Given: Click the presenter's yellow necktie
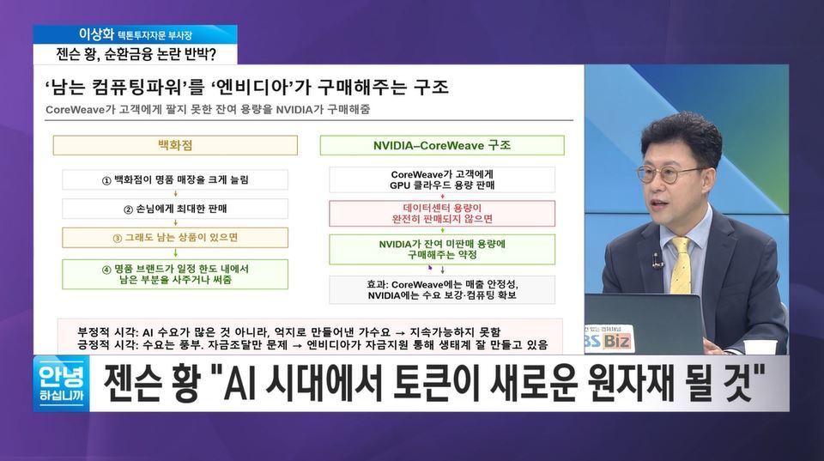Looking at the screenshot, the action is tap(680, 265).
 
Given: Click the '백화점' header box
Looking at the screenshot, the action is tap(175, 146).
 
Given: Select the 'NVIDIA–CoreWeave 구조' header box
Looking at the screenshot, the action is tap(442, 146).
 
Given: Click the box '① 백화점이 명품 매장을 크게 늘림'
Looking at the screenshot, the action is tap(175, 179).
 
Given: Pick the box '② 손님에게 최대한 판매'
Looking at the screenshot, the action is tap(175, 209).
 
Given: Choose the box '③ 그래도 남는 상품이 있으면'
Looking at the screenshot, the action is tap(175, 238).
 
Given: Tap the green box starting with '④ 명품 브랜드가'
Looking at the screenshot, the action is tap(175, 274).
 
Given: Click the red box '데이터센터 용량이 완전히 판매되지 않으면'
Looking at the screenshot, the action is tap(442, 214).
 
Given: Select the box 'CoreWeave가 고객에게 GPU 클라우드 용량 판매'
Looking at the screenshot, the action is tap(442, 179).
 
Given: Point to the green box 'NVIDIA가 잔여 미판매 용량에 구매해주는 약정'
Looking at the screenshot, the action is tap(442, 249).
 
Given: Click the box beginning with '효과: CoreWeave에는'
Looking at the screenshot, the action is tap(442, 289).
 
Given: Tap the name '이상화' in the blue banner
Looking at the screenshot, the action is tap(96, 34).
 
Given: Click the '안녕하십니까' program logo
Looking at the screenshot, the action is tap(62, 384).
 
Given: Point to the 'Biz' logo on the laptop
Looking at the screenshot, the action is tap(616, 341).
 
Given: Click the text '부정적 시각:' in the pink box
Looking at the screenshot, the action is tap(107, 332).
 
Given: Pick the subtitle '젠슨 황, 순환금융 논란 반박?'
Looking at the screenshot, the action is tap(136, 54).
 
